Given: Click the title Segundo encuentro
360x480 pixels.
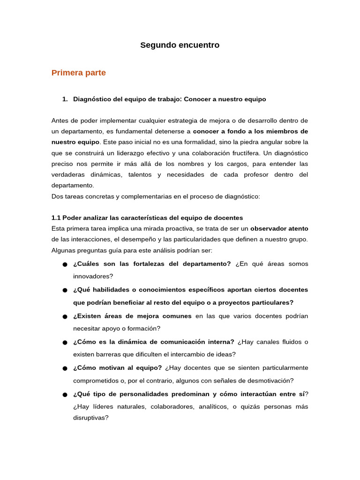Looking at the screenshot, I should point(180,45).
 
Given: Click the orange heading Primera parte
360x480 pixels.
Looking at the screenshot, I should point(79,73).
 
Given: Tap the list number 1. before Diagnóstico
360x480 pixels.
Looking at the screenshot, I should point(65,99).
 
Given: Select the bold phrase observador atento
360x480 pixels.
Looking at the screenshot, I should point(279,229).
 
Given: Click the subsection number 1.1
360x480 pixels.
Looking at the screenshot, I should point(56,218).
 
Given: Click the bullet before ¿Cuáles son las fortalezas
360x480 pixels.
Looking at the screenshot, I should point(65,265).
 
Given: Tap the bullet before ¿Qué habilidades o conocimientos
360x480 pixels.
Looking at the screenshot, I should point(65,291).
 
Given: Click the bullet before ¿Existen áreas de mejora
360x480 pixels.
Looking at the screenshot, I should point(65,317).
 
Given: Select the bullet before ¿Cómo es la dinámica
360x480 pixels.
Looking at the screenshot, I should point(65,343).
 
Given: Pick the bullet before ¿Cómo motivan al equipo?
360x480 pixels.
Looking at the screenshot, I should point(65,369).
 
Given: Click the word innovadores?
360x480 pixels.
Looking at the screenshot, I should point(93,277).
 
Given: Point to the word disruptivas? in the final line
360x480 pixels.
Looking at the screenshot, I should point(90,418).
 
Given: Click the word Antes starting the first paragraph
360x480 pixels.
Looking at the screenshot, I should point(60,121).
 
